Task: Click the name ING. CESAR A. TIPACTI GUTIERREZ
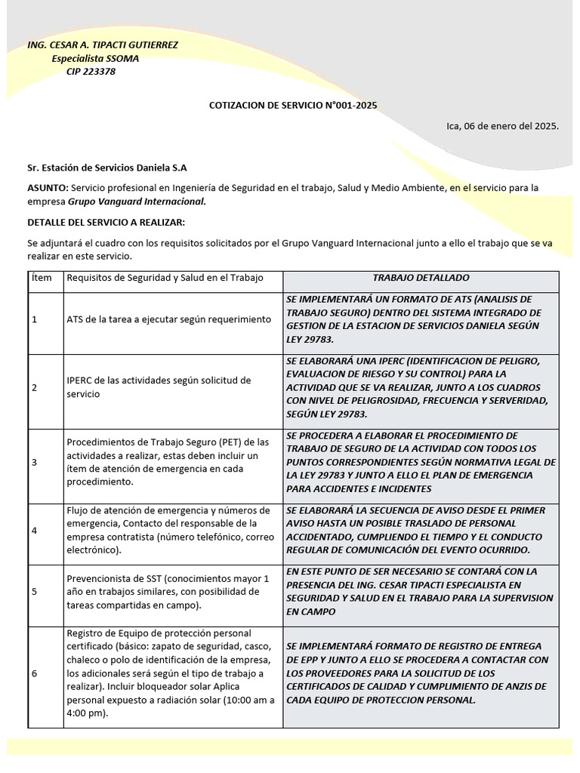103,45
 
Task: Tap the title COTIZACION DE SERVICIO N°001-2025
293,106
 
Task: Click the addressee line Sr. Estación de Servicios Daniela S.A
107,167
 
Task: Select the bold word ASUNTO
48,187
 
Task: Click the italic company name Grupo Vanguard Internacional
137,202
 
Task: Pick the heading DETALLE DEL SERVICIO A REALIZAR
106,222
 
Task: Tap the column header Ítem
42,278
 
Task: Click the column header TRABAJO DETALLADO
421,278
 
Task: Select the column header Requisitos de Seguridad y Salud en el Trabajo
165,278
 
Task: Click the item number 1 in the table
35,319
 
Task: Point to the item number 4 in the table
35,531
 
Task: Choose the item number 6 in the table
35,673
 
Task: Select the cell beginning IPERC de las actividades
159,387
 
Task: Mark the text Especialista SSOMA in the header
95,59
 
